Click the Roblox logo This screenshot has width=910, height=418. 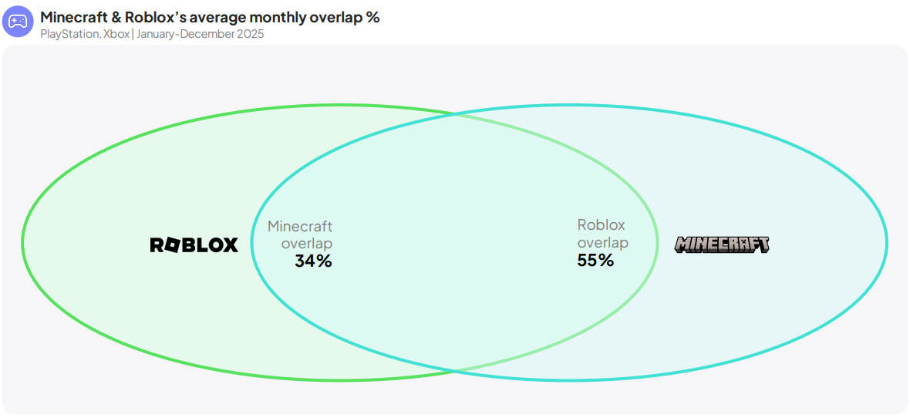194,245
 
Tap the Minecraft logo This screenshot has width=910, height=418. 722,244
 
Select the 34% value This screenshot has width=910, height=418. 313,261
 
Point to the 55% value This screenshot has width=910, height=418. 595,261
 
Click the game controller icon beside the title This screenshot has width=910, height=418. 18,22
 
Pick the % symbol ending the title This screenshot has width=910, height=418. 373,18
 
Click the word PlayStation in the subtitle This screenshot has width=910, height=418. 69,34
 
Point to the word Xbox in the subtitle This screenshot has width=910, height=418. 116,34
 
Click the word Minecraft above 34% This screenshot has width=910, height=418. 300,227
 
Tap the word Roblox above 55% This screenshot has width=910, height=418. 602,224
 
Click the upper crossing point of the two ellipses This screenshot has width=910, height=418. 454,115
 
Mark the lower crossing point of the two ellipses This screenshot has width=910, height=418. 454,370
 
